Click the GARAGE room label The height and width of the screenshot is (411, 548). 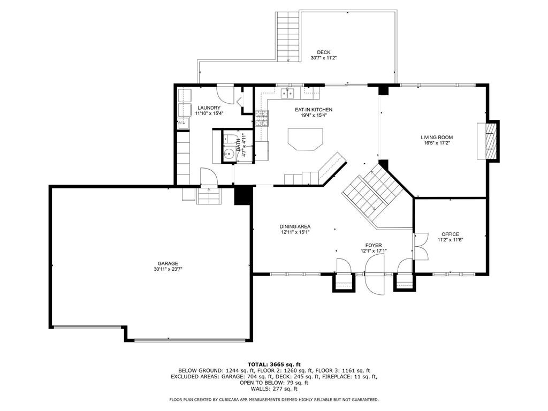click(168, 263)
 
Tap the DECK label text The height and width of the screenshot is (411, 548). click(324, 52)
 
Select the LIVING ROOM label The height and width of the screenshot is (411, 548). click(437, 138)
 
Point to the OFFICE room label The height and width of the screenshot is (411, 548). click(450, 234)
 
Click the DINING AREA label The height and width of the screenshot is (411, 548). click(295, 226)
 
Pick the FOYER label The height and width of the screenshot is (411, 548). click(374, 245)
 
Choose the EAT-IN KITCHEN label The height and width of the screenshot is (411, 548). click(314, 110)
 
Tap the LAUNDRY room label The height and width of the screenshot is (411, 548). click(209, 108)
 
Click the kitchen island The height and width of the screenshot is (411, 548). click(305, 139)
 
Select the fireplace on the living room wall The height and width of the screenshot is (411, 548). click(488, 141)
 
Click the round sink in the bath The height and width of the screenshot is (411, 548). click(230, 153)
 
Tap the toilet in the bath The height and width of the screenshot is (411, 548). click(229, 139)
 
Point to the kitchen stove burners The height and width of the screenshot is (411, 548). click(262, 118)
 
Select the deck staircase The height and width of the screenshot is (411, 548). click(288, 37)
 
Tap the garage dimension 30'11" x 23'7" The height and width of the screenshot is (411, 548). click(168, 269)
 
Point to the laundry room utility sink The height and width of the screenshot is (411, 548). click(183, 124)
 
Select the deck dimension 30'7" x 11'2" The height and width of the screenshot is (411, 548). click(324, 58)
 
